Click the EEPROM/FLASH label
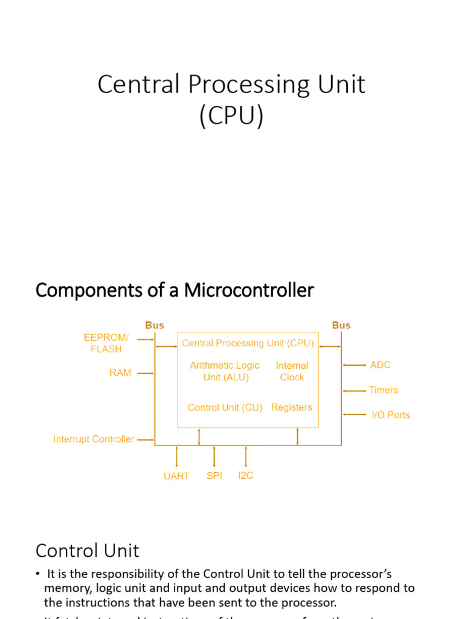point(106,343)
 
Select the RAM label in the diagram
point(120,373)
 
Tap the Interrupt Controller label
point(94,439)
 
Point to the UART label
point(176,476)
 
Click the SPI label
point(214,476)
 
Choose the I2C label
point(246,476)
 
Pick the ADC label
point(380,365)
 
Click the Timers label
point(384,391)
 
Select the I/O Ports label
point(390,415)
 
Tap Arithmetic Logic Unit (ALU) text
point(224,371)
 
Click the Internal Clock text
point(292,371)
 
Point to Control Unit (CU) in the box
point(225,408)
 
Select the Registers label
point(292,407)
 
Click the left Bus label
point(155,325)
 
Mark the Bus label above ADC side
point(341,325)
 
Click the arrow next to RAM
point(146,374)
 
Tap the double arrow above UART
point(176,456)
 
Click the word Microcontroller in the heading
point(249,291)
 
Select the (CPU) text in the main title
point(231,115)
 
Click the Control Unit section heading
point(87,551)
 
